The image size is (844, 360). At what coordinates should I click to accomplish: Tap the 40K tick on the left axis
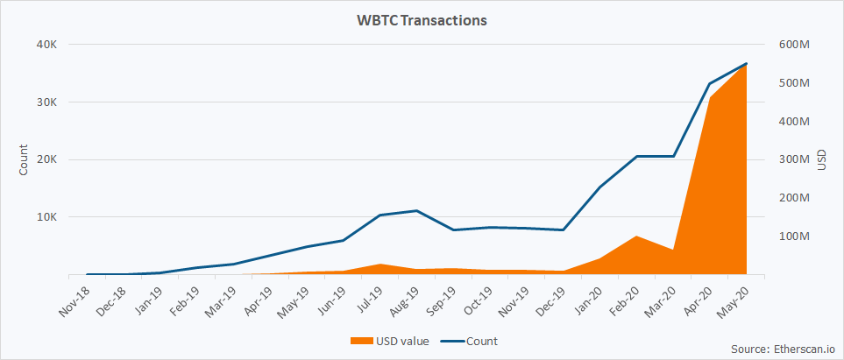tap(45, 45)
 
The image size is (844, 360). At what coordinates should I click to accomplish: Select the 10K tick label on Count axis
tap(45, 217)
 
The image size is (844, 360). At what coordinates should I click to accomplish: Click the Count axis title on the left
tap(24, 159)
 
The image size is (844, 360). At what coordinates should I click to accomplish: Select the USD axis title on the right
tap(821, 159)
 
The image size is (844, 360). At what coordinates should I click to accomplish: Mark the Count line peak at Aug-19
tap(416, 211)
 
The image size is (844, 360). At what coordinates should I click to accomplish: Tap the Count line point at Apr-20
tap(709, 84)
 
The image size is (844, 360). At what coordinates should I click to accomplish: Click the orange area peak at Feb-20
tap(636, 236)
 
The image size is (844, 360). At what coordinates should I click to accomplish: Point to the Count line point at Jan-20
tap(599, 187)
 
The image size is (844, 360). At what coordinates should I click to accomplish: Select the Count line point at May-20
tap(746, 64)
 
